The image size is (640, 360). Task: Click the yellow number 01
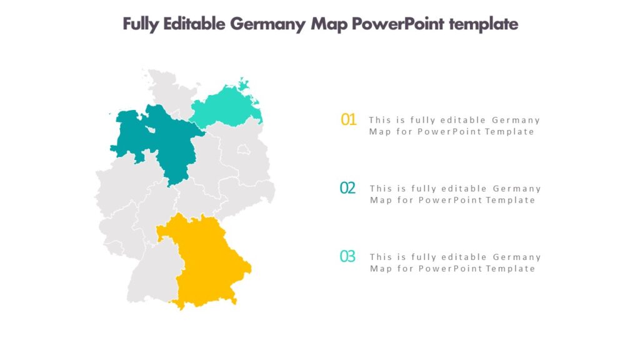pyautogui.click(x=348, y=119)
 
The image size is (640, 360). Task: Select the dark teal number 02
pyautogui.click(x=347, y=187)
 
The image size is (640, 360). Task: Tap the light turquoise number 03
pyautogui.click(x=347, y=256)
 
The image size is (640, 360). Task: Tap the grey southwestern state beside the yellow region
pyautogui.click(x=153, y=269)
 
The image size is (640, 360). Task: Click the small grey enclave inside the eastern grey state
pyautogui.click(x=242, y=149)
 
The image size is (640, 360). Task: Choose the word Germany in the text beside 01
pyautogui.click(x=516, y=120)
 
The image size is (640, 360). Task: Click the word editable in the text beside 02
pyautogui.click(x=464, y=189)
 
